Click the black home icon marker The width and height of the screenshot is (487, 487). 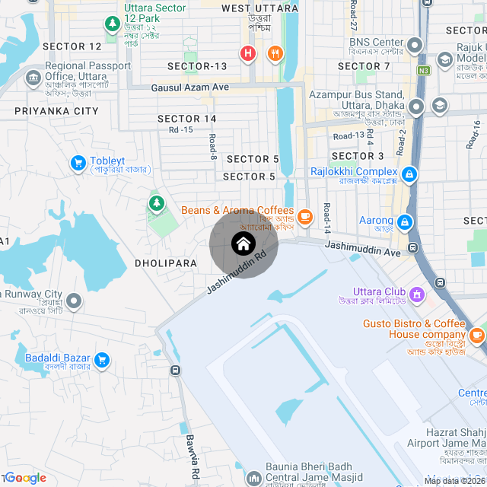[x=243, y=243]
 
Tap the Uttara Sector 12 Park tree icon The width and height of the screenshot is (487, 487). [x=113, y=24]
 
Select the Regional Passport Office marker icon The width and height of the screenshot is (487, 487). [x=33, y=77]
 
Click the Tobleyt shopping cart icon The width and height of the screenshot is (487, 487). [x=78, y=162]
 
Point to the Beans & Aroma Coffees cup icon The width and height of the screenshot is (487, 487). [x=305, y=217]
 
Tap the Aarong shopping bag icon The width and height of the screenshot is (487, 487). [x=405, y=221]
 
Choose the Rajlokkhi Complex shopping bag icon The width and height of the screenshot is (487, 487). [x=409, y=175]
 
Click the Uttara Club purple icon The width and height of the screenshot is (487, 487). [x=417, y=293]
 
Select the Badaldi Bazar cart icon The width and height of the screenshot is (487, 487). [x=102, y=359]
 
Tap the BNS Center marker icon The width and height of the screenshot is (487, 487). [x=415, y=45]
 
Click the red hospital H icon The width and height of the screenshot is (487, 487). [x=247, y=53]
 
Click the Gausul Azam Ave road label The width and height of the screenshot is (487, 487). [x=190, y=88]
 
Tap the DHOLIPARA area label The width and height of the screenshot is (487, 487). [x=165, y=263]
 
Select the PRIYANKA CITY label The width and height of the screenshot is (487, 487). [x=56, y=111]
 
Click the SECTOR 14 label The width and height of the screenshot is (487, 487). [x=187, y=119]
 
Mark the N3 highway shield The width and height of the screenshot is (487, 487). [x=423, y=71]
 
